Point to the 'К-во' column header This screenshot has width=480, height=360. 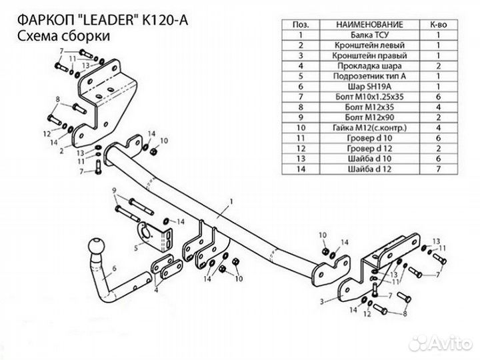coord(439,24)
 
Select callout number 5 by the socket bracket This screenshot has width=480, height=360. coord(135,247)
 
